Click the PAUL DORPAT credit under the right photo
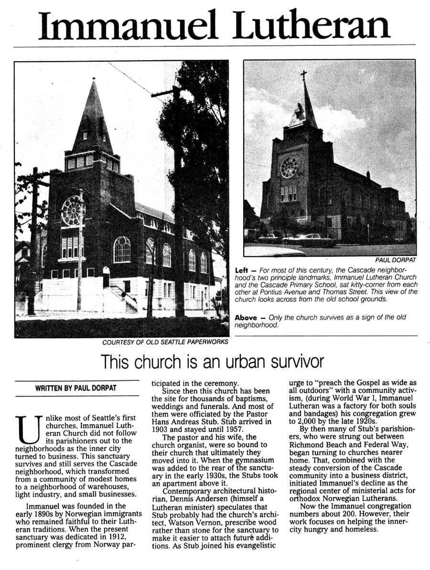click(395, 260)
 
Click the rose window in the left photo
click(73, 211)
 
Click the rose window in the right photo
click(289, 167)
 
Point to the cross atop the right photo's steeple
click(303, 75)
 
